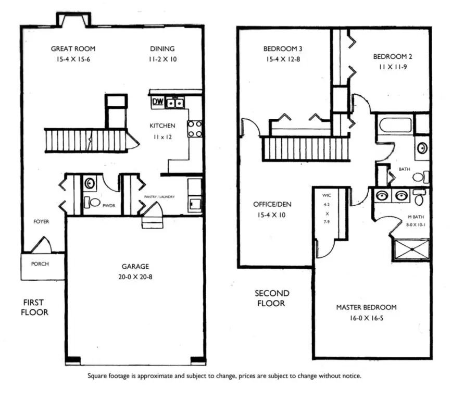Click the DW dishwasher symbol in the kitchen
click(158, 102)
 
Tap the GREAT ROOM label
click(73, 49)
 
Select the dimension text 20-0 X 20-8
click(135, 277)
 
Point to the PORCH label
click(40, 264)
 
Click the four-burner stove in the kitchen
click(195, 129)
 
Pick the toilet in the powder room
click(92, 203)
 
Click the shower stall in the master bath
click(411, 249)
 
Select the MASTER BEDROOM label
click(366, 307)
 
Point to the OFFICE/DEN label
click(272, 205)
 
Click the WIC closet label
click(327, 195)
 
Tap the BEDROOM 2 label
click(393, 56)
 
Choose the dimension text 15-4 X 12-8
click(283, 59)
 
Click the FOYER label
click(41, 221)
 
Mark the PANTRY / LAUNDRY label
click(159, 197)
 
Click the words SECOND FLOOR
click(272, 298)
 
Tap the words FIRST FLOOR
click(34, 307)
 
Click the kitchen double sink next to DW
click(175, 103)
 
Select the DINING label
click(162, 49)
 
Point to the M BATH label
click(416, 217)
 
